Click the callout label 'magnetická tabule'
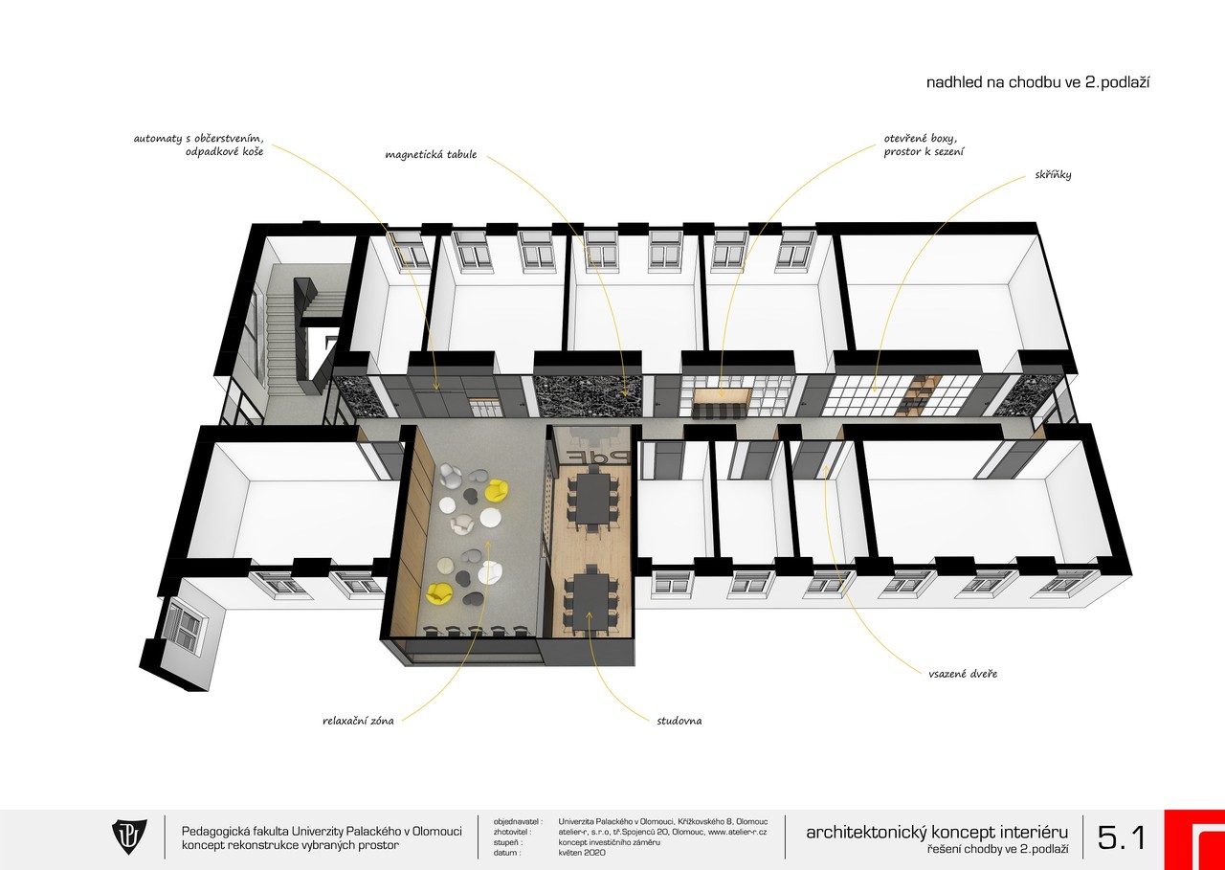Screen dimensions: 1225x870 (x=431, y=154)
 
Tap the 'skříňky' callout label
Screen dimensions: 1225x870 (x=1053, y=175)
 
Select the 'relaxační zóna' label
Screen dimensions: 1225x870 (x=358, y=721)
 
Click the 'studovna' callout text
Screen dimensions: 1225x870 (x=679, y=721)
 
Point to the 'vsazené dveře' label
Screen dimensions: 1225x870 (x=963, y=674)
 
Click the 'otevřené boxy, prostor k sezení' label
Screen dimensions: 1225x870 (x=924, y=145)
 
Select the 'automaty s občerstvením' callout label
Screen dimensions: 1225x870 (x=198, y=139)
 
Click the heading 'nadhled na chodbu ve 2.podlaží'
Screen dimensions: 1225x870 (x=1037, y=82)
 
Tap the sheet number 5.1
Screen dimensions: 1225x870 (x=1121, y=837)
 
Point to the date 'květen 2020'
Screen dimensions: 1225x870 (x=582, y=853)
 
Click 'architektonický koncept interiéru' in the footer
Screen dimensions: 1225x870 (x=937, y=833)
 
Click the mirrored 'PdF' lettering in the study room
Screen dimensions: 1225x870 (x=590, y=457)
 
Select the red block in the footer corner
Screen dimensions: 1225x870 (x=1195, y=840)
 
